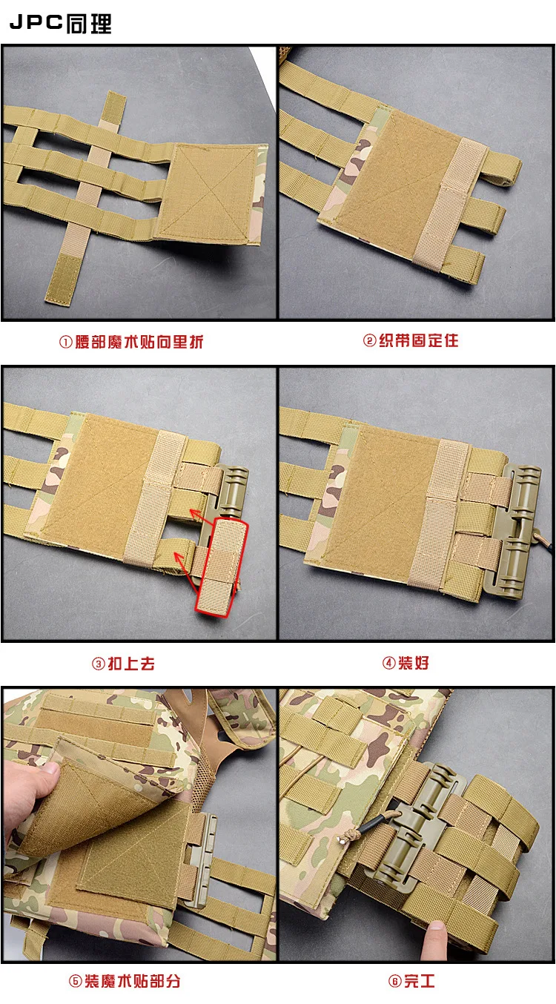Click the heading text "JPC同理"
point(61,23)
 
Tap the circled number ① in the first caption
point(65,342)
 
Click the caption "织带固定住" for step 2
point(419,340)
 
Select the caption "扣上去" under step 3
point(131,664)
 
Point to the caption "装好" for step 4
point(414,662)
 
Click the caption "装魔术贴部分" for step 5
point(133,981)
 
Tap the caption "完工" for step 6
point(420,981)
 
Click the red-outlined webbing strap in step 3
point(222,567)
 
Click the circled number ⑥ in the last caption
point(394,981)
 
